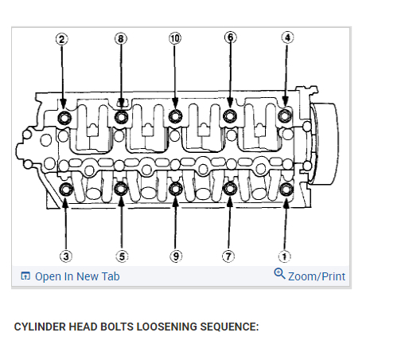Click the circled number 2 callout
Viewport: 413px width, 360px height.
61,39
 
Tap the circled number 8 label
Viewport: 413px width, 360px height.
121,39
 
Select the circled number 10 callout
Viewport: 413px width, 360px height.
175,38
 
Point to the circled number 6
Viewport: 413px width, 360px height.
230,37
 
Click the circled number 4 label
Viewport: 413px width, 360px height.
287,37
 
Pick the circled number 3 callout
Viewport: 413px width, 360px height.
66,256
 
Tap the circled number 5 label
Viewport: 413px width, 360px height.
122,256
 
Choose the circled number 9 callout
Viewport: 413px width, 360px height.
176,256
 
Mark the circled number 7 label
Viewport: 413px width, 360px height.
228,256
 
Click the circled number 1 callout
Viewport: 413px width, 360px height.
284,256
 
